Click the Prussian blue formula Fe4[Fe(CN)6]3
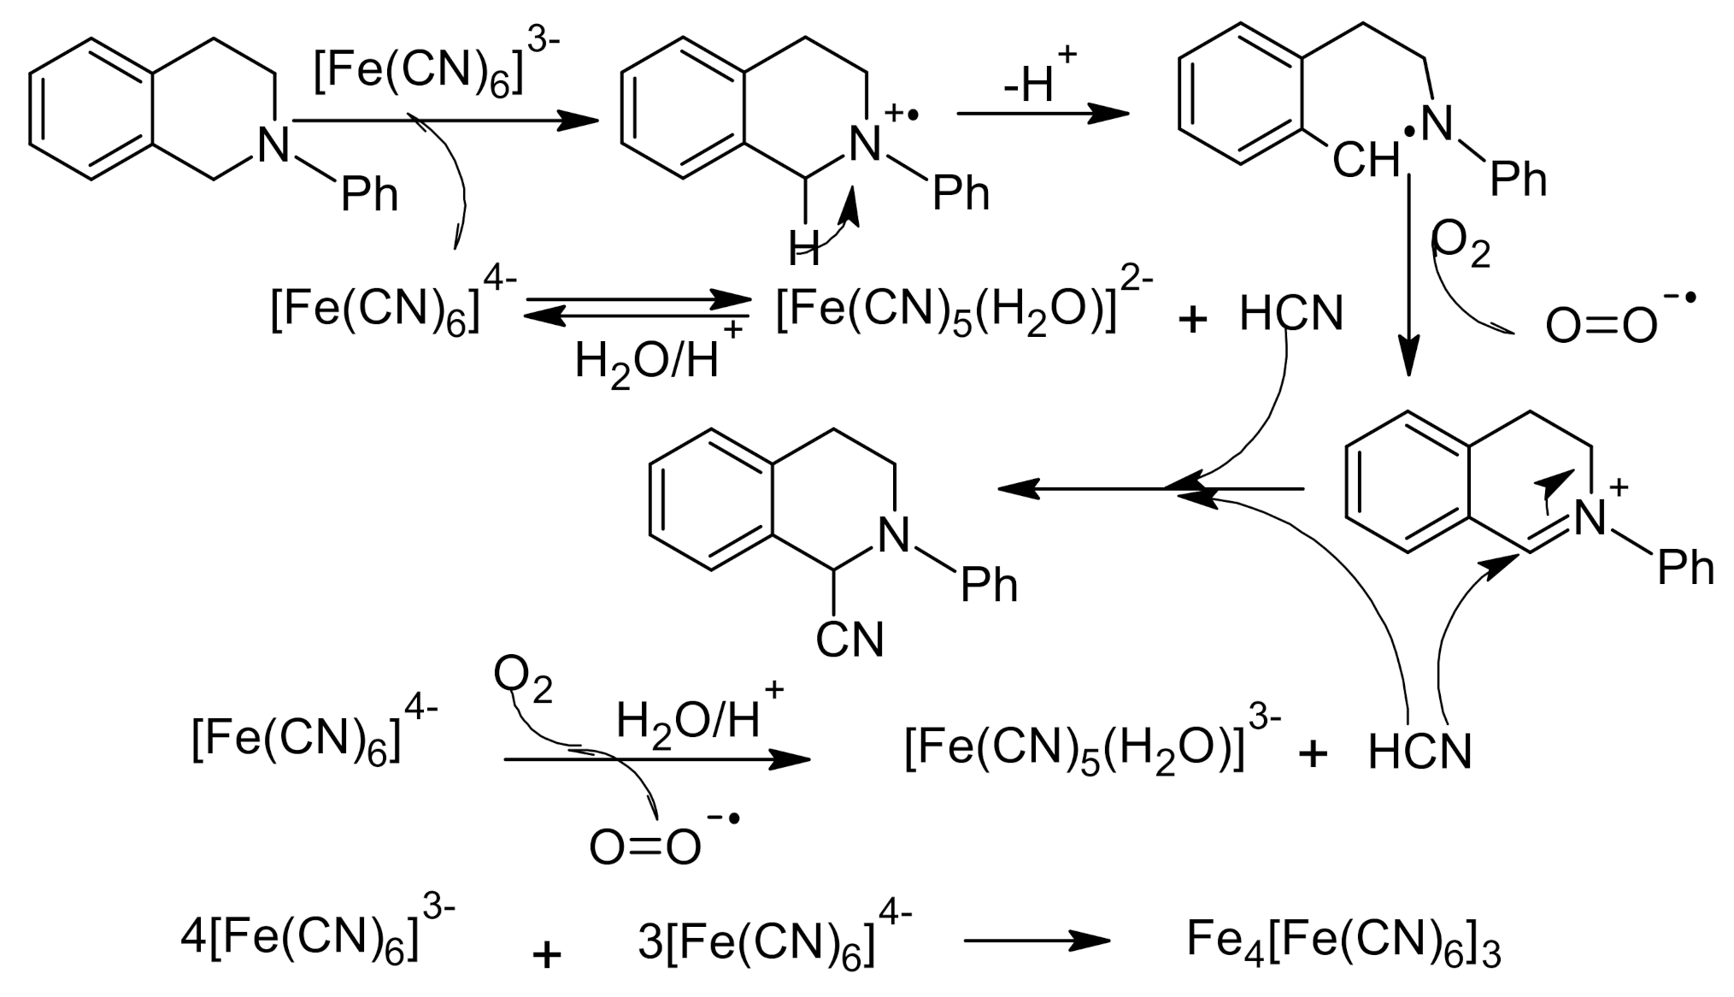click(1343, 940)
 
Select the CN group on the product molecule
click(849, 640)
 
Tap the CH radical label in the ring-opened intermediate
click(1366, 160)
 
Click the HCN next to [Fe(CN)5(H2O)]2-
click(1291, 315)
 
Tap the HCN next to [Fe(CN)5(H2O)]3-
click(1420, 752)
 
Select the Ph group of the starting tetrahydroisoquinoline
click(369, 195)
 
